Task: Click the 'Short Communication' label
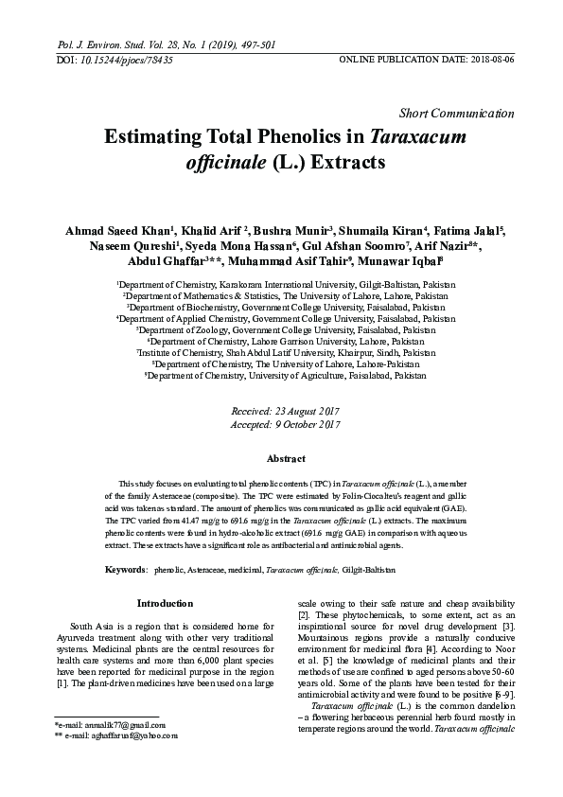click(x=464, y=114)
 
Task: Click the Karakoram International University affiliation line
click(x=285, y=283)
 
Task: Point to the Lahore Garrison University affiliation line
click(x=285, y=340)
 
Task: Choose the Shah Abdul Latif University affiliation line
click(x=285, y=351)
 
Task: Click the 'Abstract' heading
click(x=285, y=458)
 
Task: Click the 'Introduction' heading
click(x=165, y=603)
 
